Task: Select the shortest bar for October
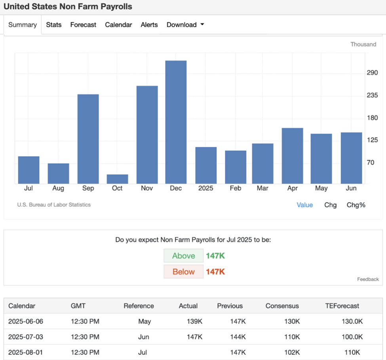point(117,179)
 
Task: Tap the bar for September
point(88,139)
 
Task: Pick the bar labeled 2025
point(206,165)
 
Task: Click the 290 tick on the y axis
point(372,73)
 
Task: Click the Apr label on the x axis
point(292,188)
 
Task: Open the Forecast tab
point(83,25)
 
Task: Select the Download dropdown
point(185,25)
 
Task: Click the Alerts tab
point(149,25)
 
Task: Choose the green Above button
point(183,256)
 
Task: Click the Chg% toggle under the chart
point(356,205)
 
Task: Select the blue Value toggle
point(304,205)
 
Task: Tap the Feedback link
point(368,279)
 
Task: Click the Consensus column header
point(282,306)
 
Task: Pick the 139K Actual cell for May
point(194,321)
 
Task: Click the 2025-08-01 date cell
point(26,352)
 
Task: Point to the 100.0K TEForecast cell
point(352,337)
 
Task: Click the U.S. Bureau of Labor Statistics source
point(54,205)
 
